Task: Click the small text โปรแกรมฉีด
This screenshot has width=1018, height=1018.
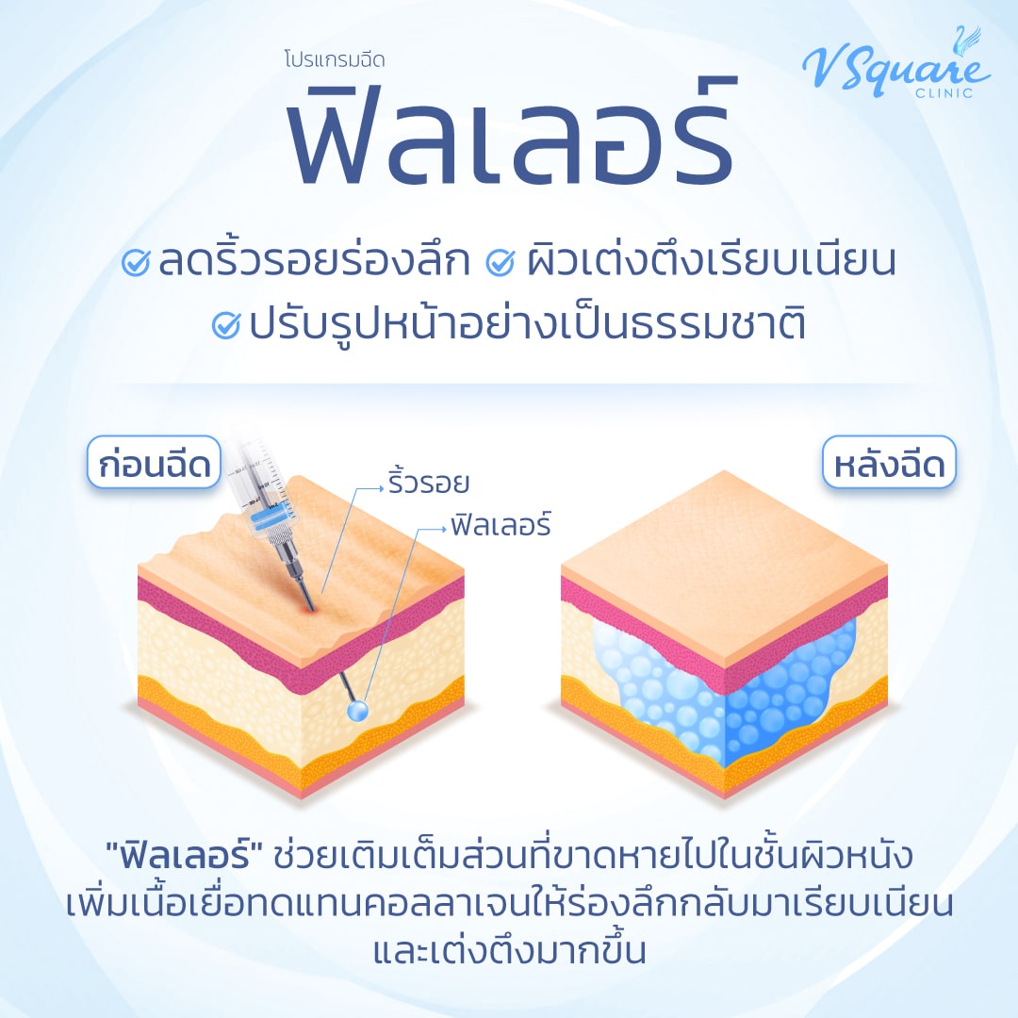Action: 334,59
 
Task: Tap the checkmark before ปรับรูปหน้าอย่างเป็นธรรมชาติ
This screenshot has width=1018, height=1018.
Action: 227,325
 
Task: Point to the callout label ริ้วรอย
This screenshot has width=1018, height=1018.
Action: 428,484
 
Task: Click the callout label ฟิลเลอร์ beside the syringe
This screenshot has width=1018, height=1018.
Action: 501,525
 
